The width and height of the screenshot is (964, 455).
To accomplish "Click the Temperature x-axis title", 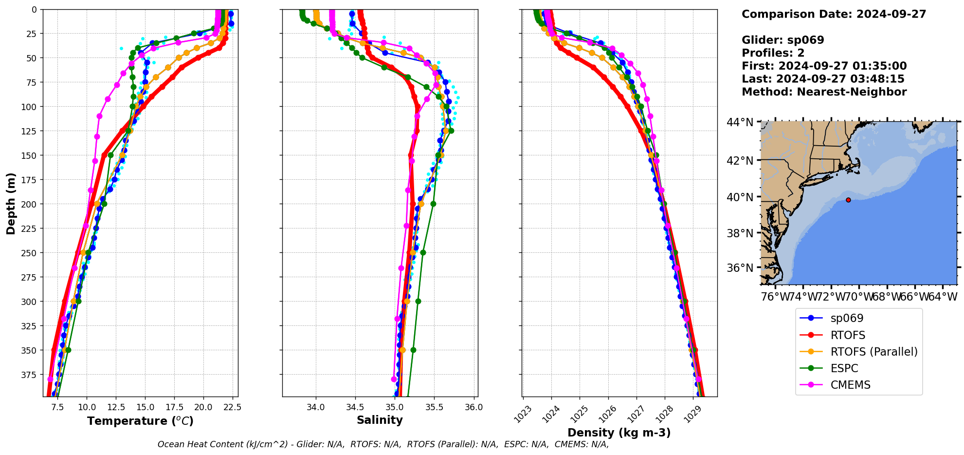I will click(x=140, y=421).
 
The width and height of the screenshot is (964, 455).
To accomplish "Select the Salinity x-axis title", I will click(x=380, y=420).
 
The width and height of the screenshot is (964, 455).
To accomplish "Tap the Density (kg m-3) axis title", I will click(x=619, y=433).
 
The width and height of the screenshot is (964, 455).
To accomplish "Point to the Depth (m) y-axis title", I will click(x=11, y=203).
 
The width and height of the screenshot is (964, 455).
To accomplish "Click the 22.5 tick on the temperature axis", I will click(x=232, y=407).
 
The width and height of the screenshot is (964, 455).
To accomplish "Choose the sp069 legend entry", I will click(x=847, y=319).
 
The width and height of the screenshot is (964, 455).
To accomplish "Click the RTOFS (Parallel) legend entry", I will click(x=873, y=352).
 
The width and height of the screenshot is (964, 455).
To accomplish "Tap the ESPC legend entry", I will click(x=844, y=368).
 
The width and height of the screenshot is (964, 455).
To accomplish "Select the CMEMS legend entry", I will click(x=850, y=385).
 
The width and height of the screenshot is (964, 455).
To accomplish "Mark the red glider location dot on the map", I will click(x=848, y=200).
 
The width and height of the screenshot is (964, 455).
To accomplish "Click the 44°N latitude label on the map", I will click(x=740, y=122).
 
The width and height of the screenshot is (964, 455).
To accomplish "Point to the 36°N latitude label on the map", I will click(x=740, y=268).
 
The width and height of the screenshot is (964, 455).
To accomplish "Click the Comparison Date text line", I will click(x=834, y=14).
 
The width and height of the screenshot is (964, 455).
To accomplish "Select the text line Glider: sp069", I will click(x=782, y=40).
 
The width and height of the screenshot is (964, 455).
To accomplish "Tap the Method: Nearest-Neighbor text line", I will click(x=824, y=92).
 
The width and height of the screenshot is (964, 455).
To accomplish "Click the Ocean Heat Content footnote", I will click(x=383, y=444).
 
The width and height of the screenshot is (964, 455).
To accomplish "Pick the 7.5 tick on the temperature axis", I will click(x=57, y=407).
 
